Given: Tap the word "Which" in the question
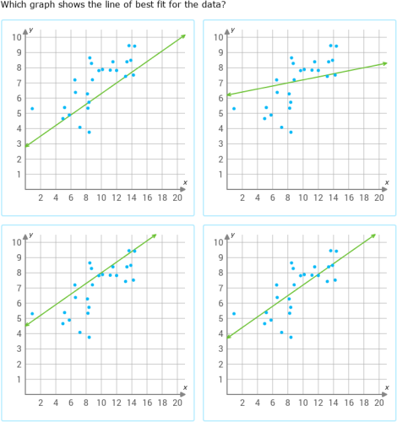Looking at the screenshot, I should [x=14, y=5].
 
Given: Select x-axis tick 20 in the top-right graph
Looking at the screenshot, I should [x=378, y=197].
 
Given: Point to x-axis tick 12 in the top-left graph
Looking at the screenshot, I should [x=116, y=197].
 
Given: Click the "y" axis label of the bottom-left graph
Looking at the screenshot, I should [x=30, y=234].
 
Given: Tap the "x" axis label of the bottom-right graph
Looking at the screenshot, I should [x=387, y=387].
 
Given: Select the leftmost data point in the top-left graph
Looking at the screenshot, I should [x=32, y=109].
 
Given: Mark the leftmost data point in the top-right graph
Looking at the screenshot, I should [x=234, y=109].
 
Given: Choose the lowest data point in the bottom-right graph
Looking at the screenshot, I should [x=291, y=337].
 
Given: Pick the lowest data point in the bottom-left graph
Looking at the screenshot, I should [x=89, y=337].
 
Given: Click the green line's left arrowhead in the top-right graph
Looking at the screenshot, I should [x=230, y=95].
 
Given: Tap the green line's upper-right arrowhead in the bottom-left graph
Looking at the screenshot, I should [x=155, y=235].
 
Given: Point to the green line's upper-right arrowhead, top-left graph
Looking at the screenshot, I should [x=183, y=36].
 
